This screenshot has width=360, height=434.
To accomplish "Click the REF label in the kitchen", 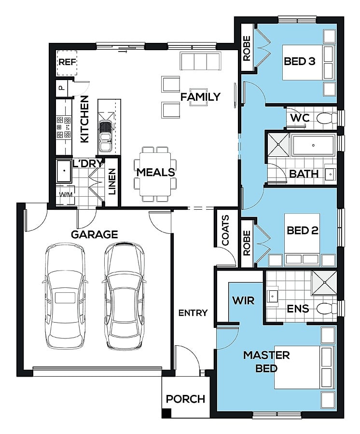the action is [x=67, y=62].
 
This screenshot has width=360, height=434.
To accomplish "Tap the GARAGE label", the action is [x=95, y=234].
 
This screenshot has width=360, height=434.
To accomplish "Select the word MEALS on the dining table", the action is [x=156, y=172].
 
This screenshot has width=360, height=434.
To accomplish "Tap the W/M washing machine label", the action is [x=66, y=195].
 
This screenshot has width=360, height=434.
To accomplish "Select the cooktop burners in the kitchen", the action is [x=64, y=127].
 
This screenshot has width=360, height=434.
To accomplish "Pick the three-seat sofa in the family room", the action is [x=200, y=61].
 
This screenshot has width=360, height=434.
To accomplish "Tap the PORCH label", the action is [x=185, y=399].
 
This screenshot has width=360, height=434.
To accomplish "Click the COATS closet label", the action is [x=226, y=231].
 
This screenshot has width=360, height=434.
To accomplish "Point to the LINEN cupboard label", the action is [x=111, y=182].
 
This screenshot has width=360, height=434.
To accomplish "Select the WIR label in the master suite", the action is [x=243, y=300].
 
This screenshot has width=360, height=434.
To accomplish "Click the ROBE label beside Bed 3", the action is [x=247, y=48].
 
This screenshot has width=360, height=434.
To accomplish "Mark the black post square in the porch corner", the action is [x=166, y=413].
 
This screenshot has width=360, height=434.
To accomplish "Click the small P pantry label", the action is [x=61, y=88].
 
